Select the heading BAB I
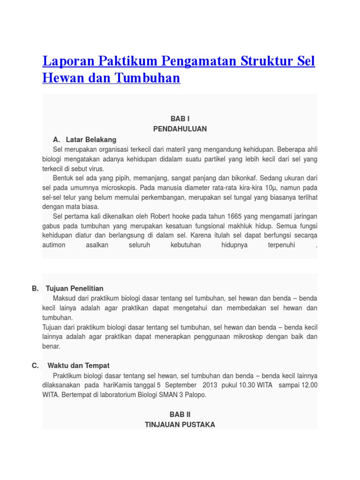[x=180, y=119]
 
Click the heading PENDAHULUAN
[x=180, y=128]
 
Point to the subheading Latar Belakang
[x=91, y=140]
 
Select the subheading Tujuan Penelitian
[x=75, y=288]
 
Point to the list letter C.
[x=35, y=366]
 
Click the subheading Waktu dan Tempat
[x=78, y=366]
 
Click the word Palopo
[x=195, y=395]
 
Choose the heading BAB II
[x=180, y=415]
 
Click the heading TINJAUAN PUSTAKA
[x=180, y=425]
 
